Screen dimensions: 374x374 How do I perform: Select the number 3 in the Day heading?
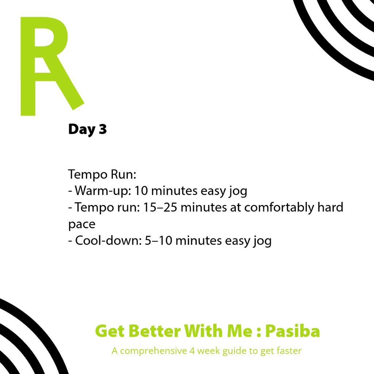click(x=102, y=129)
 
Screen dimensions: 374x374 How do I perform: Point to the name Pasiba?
click(x=292, y=331)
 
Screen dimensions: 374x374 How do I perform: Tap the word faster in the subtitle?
click(x=286, y=351)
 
